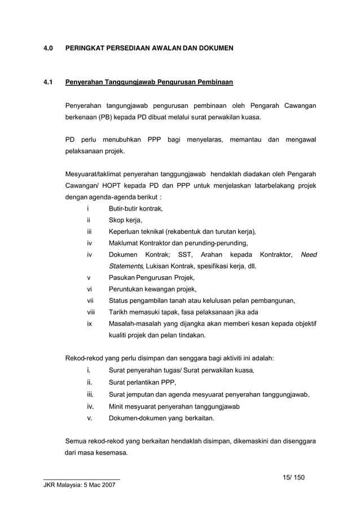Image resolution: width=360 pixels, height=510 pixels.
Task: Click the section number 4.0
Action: [x=49, y=49]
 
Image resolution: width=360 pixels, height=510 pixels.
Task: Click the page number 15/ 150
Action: [x=293, y=478]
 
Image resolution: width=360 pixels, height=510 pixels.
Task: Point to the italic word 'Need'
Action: [x=308, y=255]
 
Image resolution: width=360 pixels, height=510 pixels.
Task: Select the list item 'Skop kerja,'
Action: [x=125, y=220]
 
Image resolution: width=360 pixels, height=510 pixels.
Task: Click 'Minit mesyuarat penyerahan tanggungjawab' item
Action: [x=175, y=407]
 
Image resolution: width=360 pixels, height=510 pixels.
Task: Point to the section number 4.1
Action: [x=49, y=83]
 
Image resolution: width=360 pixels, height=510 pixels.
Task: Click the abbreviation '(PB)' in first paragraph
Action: [x=106, y=117]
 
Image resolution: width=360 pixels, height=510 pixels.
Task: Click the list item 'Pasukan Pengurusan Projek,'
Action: [x=152, y=278]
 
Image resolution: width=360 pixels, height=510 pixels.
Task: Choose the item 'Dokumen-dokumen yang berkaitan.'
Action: [x=161, y=419]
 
